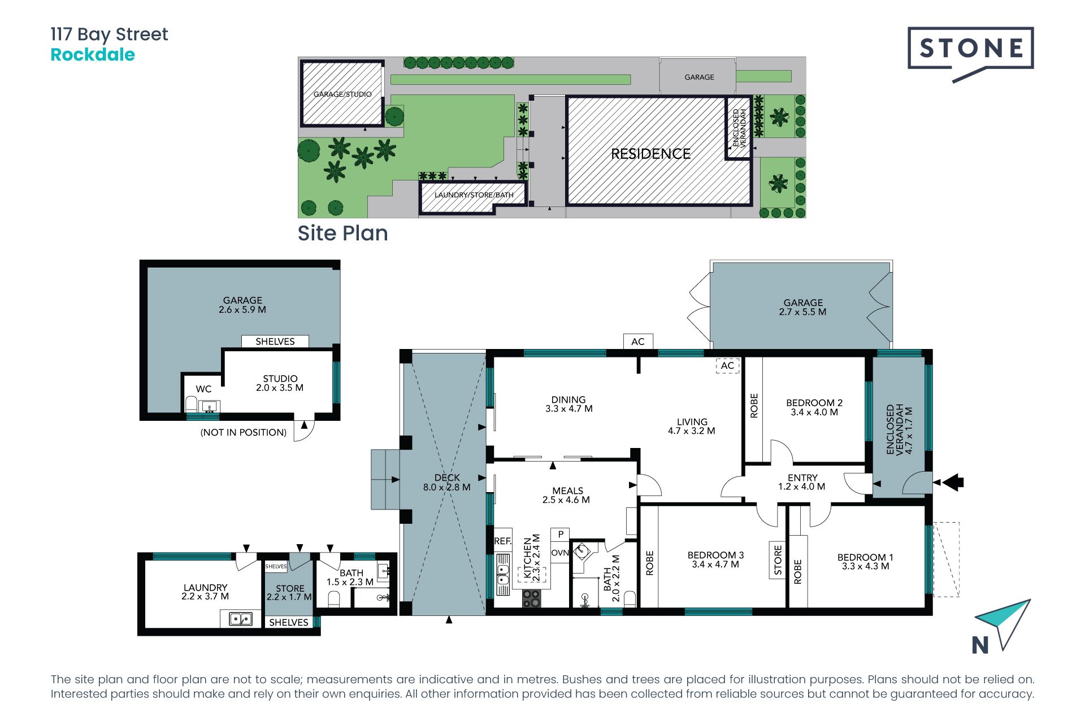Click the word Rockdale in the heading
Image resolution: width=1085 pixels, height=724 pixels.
coord(93,55)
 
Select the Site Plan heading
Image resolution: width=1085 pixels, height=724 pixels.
coord(342,233)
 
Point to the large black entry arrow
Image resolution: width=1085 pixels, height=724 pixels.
coord(953,482)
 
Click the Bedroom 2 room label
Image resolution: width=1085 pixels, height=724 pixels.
coord(814,407)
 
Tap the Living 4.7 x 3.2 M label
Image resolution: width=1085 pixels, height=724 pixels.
coord(692,426)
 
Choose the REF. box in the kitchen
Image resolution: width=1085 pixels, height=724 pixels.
coord(502,541)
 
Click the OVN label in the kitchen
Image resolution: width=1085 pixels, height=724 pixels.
coord(560,553)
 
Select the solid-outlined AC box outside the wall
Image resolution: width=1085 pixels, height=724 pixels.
coord(638,342)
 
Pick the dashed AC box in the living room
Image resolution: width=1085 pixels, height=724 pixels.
coord(727,365)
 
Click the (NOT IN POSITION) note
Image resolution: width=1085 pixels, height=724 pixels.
coord(244,433)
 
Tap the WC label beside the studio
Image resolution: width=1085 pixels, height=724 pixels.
coord(203,389)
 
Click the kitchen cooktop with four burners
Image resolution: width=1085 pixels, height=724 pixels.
coord(531,598)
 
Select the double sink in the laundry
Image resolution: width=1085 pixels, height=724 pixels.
coord(241,619)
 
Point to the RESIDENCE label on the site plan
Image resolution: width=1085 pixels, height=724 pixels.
coord(651,154)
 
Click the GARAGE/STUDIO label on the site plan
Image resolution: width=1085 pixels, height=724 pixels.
coord(342,94)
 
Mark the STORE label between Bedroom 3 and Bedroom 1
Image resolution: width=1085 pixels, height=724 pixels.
coord(778,560)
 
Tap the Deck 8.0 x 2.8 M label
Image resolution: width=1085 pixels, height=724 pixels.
coord(447,482)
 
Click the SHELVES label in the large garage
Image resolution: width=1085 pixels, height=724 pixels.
coord(275,342)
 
